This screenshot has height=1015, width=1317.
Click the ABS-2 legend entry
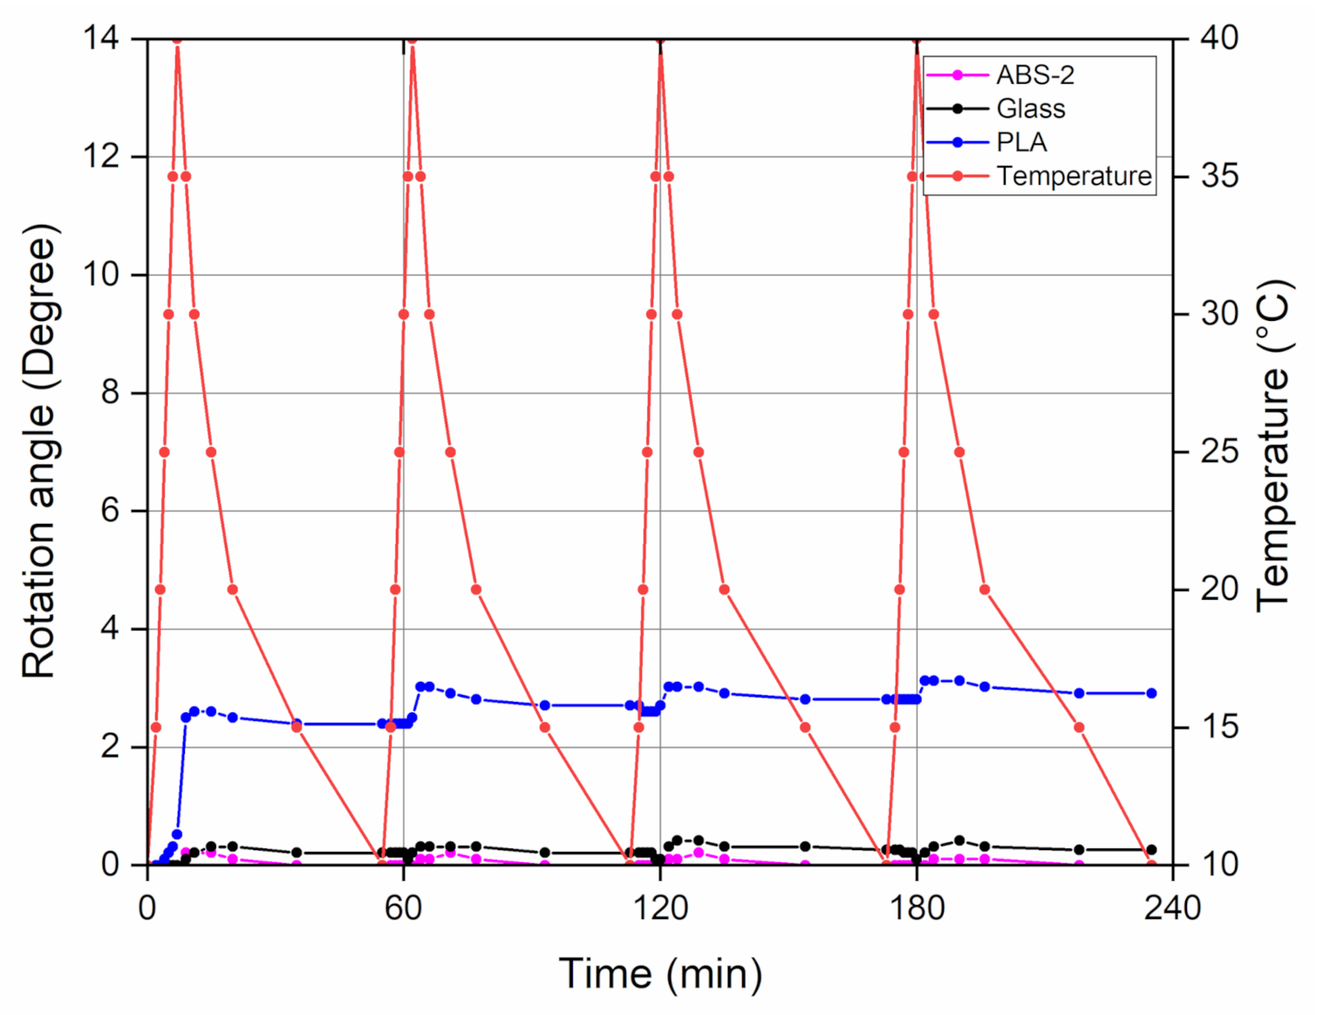pos(1034,76)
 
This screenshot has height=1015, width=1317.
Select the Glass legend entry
pos(1030,109)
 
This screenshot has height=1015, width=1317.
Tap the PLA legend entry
pos(1020,142)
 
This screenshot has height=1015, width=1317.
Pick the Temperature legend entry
pos(1074,176)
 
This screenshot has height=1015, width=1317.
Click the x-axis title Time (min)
pos(660,973)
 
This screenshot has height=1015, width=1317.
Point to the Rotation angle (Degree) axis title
pos(39,451)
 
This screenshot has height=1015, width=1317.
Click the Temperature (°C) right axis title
pos(1273,445)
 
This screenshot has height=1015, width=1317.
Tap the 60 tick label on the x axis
pos(404,909)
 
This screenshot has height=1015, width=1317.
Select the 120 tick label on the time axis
pos(660,909)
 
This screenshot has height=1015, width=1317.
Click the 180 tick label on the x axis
pos(917,909)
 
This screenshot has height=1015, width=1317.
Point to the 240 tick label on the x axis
pos(1172,909)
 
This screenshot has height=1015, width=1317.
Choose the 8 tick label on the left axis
pos(110,392)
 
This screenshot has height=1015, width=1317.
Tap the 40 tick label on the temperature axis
pos(1219,38)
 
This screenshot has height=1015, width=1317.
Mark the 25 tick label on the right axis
pos(1219,452)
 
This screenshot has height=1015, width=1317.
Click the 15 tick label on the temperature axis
pos(1219,727)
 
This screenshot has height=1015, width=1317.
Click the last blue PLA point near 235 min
pos(1151,693)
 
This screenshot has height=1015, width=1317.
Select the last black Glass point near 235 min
pos(1151,849)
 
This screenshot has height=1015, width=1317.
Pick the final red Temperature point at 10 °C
pos(1151,865)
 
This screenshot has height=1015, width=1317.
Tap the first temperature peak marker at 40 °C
pos(177,39)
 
